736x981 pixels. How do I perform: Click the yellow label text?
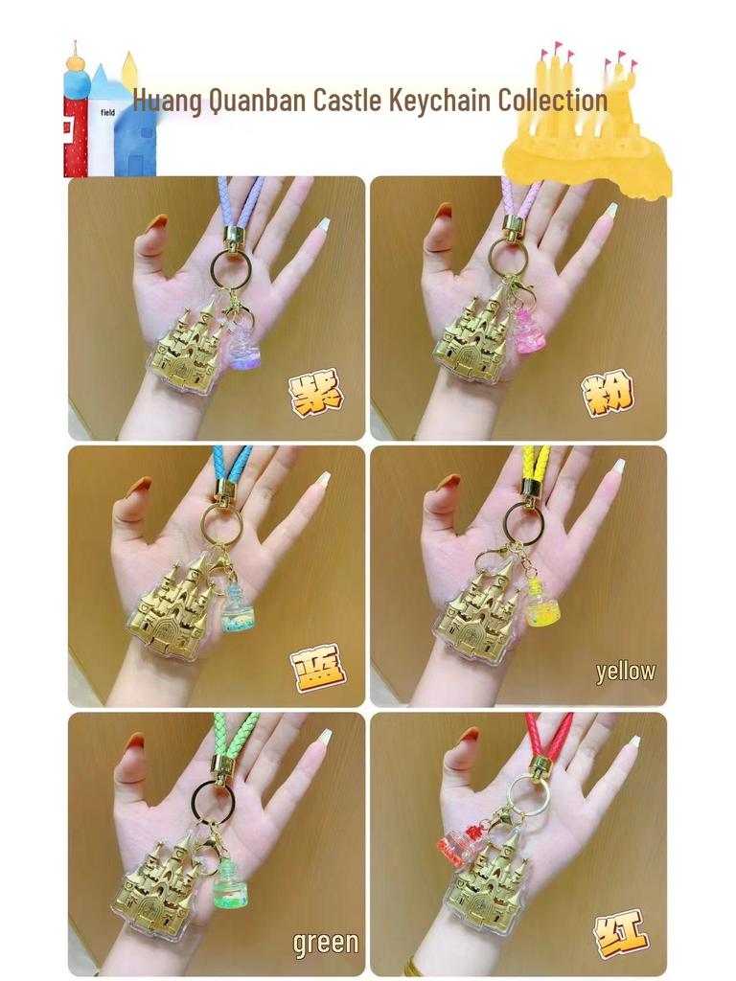tap(626, 672)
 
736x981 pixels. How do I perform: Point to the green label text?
tap(326, 943)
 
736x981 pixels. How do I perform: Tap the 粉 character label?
tap(608, 393)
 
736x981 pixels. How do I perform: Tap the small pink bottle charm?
tap(529, 331)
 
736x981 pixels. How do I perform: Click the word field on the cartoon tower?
tap(107, 112)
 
